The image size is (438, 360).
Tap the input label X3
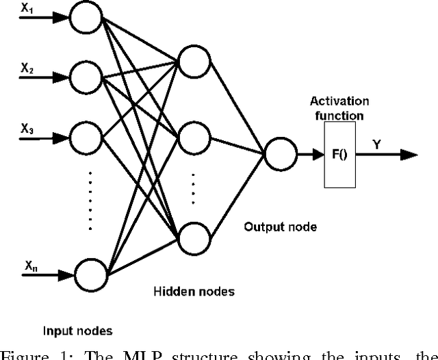27,127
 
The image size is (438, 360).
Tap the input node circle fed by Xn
90,274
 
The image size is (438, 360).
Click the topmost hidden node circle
193,62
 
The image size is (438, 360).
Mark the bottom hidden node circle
193,235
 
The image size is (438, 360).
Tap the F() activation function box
340,155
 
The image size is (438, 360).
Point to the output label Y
377,144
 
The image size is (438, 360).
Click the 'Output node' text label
281,226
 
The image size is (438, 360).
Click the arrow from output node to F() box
309,155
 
